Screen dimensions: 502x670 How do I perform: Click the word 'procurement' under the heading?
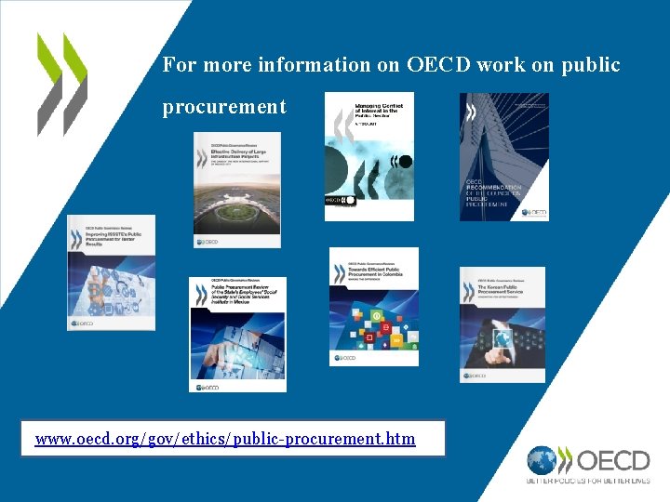[x=224, y=107]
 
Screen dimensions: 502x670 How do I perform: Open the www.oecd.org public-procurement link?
[x=225, y=438]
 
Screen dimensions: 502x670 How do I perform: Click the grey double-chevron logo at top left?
[x=61, y=84]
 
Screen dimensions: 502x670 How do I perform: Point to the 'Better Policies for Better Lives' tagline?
[x=588, y=482]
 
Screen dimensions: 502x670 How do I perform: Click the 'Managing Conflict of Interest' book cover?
[x=369, y=156]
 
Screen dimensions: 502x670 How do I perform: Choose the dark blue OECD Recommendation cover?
[x=503, y=156]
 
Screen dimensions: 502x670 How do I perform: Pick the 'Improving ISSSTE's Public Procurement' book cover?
[x=111, y=272]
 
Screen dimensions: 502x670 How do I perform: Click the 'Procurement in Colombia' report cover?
[x=374, y=307]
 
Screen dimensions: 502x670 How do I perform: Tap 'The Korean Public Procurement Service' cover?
[x=502, y=324]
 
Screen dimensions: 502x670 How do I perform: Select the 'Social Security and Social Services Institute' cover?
[x=237, y=334]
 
